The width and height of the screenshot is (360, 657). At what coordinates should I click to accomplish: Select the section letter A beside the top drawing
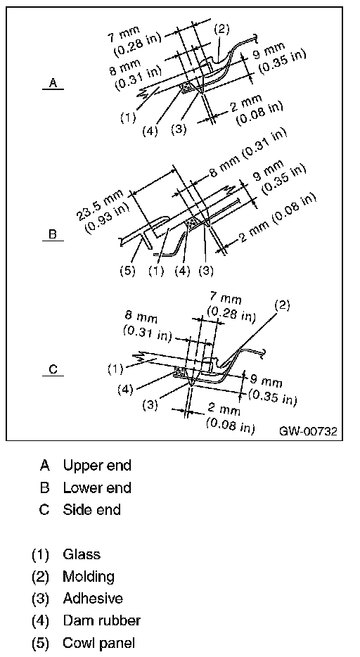(x=53, y=82)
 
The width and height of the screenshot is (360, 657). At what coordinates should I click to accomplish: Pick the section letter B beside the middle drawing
(x=53, y=234)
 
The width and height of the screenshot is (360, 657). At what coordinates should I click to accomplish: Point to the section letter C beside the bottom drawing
(x=53, y=369)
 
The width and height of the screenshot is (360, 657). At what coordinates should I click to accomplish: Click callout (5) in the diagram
(x=127, y=271)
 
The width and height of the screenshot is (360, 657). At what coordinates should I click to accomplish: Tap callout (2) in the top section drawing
(x=222, y=30)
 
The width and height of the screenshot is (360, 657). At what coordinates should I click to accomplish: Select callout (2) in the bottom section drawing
(x=282, y=305)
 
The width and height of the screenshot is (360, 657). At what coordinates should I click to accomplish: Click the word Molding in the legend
(x=89, y=577)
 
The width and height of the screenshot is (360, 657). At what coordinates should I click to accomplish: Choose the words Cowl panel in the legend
(x=99, y=643)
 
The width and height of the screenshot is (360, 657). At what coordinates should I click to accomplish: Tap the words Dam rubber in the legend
(x=101, y=620)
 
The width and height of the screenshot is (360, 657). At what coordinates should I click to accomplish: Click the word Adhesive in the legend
(x=93, y=599)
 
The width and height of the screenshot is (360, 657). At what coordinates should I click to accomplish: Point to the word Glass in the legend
(x=81, y=554)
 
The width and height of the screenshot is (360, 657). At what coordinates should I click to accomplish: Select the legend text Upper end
(x=97, y=466)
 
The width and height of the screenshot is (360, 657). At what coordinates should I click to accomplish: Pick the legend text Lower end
(x=97, y=487)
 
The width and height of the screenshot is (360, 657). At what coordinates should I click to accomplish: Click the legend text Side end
(x=91, y=510)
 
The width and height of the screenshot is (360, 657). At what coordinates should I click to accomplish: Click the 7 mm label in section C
(x=226, y=298)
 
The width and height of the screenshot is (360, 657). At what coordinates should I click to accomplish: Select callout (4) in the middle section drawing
(x=182, y=271)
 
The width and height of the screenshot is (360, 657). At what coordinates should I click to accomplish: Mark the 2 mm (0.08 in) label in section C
(x=230, y=418)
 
